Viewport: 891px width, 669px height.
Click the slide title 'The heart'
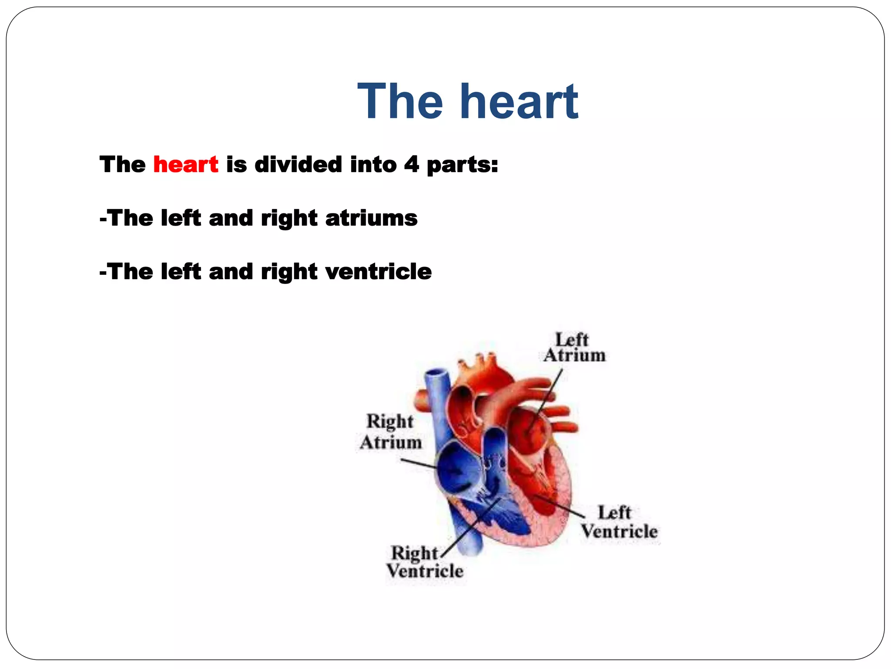pos(468,102)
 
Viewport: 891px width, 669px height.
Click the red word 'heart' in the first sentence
pos(186,165)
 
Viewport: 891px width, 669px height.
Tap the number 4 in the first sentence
pos(411,165)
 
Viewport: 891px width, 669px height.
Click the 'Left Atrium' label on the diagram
pos(573,348)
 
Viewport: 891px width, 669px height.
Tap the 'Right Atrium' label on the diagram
pos(390,432)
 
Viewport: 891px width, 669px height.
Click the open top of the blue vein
pos(437,374)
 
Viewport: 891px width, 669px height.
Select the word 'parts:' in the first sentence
pos(462,165)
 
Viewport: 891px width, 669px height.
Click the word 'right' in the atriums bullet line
pos(289,218)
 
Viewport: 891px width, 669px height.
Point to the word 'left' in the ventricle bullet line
pos(181,271)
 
